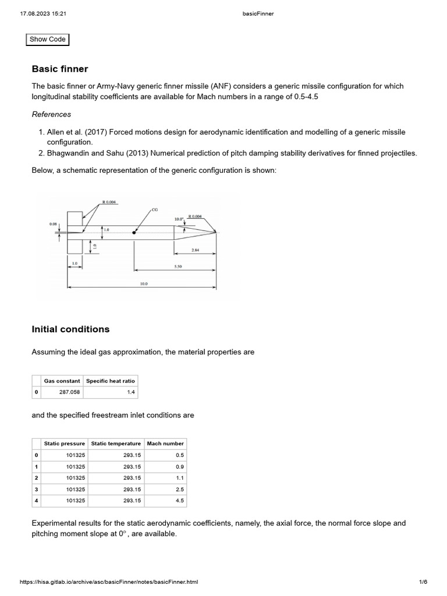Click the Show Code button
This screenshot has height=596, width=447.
(x=48, y=40)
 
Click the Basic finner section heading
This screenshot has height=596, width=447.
(x=60, y=69)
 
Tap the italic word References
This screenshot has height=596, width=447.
(x=51, y=115)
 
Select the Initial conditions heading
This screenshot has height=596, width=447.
(x=70, y=329)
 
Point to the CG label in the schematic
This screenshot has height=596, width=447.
(x=154, y=208)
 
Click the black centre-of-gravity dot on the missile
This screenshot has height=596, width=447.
(x=134, y=232)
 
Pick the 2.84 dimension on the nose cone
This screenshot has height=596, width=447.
(x=196, y=250)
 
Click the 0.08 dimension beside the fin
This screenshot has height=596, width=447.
(x=53, y=223)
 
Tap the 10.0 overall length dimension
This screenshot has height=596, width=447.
(x=143, y=284)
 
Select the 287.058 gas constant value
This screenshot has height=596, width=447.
(x=69, y=392)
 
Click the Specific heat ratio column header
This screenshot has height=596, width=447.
(x=110, y=381)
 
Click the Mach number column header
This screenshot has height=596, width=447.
(x=165, y=444)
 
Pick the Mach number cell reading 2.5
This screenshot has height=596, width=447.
(x=179, y=489)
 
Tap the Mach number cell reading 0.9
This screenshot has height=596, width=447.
(x=179, y=466)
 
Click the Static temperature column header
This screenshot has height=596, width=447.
(x=116, y=444)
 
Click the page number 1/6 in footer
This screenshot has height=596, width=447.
(x=423, y=582)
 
